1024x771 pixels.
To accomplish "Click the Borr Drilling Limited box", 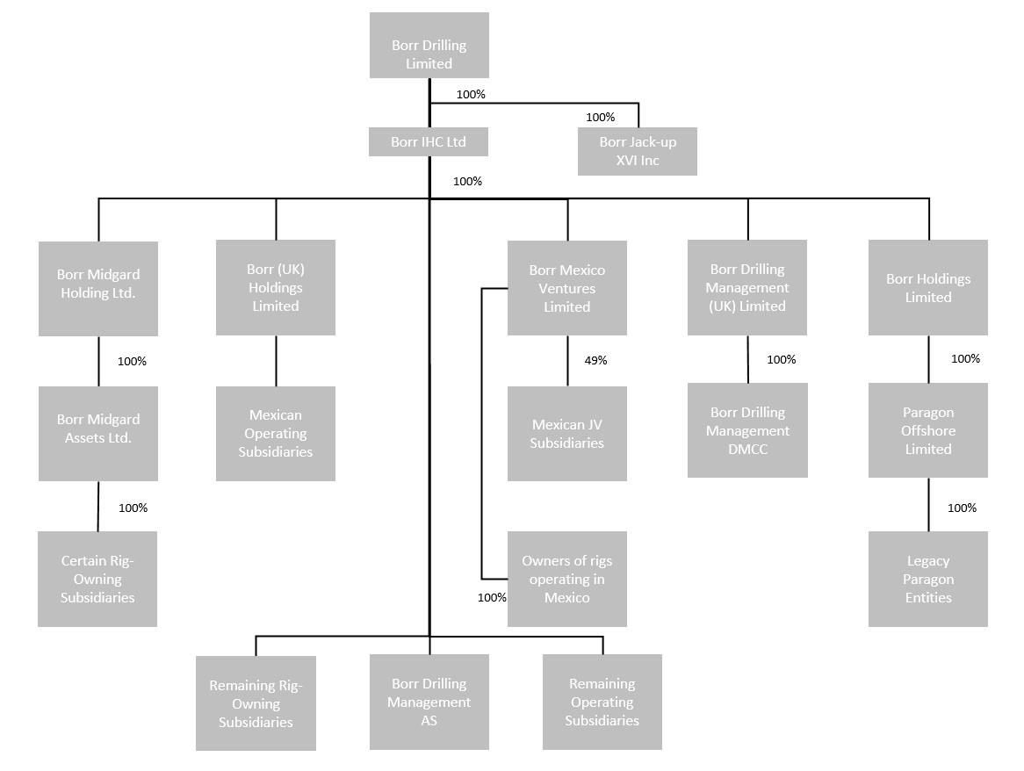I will click(x=429, y=46).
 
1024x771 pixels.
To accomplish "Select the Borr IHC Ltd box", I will click(x=429, y=142).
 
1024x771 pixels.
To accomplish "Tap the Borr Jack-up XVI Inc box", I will click(x=638, y=151).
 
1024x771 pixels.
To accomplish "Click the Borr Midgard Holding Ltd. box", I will click(x=98, y=288).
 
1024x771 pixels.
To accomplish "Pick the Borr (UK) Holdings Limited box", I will click(x=276, y=288).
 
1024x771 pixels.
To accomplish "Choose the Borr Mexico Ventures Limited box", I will click(x=567, y=288).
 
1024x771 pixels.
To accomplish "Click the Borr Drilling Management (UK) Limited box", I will click(x=747, y=288).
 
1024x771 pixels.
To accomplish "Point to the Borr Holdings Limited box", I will click(x=928, y=288).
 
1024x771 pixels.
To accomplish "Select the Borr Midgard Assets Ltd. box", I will click(x=98, y=434).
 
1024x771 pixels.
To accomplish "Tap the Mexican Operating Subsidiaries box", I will click(x=276, y=434).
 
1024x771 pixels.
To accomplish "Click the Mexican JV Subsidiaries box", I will click(x=567, y=434).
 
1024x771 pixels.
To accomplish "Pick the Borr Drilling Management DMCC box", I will click(x=747, y=430).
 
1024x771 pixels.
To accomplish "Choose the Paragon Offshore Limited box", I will click(x=928, y=430).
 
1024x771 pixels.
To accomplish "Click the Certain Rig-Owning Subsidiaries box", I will click(x=97, y=579).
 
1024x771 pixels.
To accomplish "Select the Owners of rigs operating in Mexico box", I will click(x=567, y=579).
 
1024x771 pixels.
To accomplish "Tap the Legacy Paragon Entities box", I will click(x=928, y=579).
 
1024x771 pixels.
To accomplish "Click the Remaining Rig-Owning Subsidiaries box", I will click(x=256, y=703).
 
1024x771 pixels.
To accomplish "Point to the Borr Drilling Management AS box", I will click(x=429, y=702).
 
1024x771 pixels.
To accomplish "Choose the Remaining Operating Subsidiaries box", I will click(x=602, y=702).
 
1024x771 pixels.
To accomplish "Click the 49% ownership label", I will click(x=595, y=360).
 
